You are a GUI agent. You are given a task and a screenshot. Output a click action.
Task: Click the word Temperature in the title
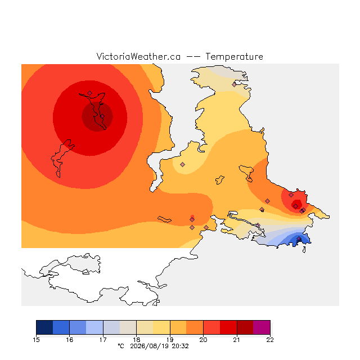[234, 56]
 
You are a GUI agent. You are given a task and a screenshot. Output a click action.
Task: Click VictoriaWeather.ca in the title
[138, 56]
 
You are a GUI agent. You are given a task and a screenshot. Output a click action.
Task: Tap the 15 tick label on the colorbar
[36, 340]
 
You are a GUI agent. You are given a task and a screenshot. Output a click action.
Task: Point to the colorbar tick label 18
[136, 340]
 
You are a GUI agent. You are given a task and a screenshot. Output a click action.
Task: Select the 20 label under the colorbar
[203, 340]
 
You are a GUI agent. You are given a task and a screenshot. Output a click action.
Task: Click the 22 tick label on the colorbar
[270, 340]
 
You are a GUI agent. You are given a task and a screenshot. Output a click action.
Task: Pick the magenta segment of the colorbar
[262, 327]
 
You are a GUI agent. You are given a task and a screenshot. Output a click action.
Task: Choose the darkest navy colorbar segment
[44, 327]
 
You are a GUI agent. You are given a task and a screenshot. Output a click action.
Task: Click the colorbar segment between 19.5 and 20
[195, 327]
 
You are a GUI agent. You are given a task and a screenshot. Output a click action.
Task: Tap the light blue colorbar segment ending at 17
[94, 327]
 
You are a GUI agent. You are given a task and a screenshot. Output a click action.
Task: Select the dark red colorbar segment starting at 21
[245, 327]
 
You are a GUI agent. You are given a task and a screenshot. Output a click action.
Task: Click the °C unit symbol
[121, 346]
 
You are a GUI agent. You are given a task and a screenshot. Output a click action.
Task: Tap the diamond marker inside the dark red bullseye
[102, 116]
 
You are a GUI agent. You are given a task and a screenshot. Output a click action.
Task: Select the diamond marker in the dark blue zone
[299, 239]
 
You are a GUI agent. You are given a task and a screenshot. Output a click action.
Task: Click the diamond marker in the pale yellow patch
[182, 164]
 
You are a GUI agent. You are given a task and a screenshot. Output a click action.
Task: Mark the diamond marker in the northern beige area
[234, 84]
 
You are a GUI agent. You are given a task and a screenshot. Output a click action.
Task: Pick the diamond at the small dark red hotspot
[296, 206]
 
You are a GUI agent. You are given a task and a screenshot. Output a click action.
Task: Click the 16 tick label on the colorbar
[70, 340]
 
